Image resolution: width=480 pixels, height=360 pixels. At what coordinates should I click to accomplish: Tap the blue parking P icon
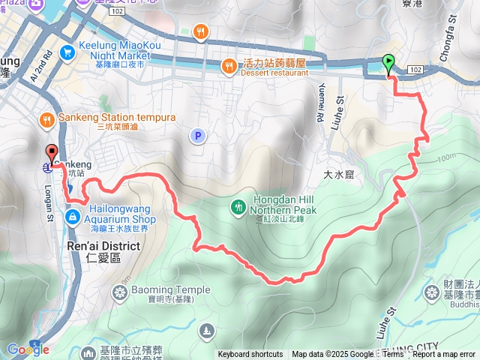click(197, 136)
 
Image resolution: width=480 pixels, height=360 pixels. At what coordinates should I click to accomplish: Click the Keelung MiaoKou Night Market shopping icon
click(68, 52)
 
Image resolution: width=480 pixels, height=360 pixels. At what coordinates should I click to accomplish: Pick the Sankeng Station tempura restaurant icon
click(47, 118)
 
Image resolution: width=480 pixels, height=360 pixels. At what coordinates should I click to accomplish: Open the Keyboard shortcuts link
click(250, 355)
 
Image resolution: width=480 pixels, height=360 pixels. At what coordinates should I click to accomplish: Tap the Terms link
click(394, 355)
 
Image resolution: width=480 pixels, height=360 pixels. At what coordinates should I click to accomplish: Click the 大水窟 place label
click(337, 174)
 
